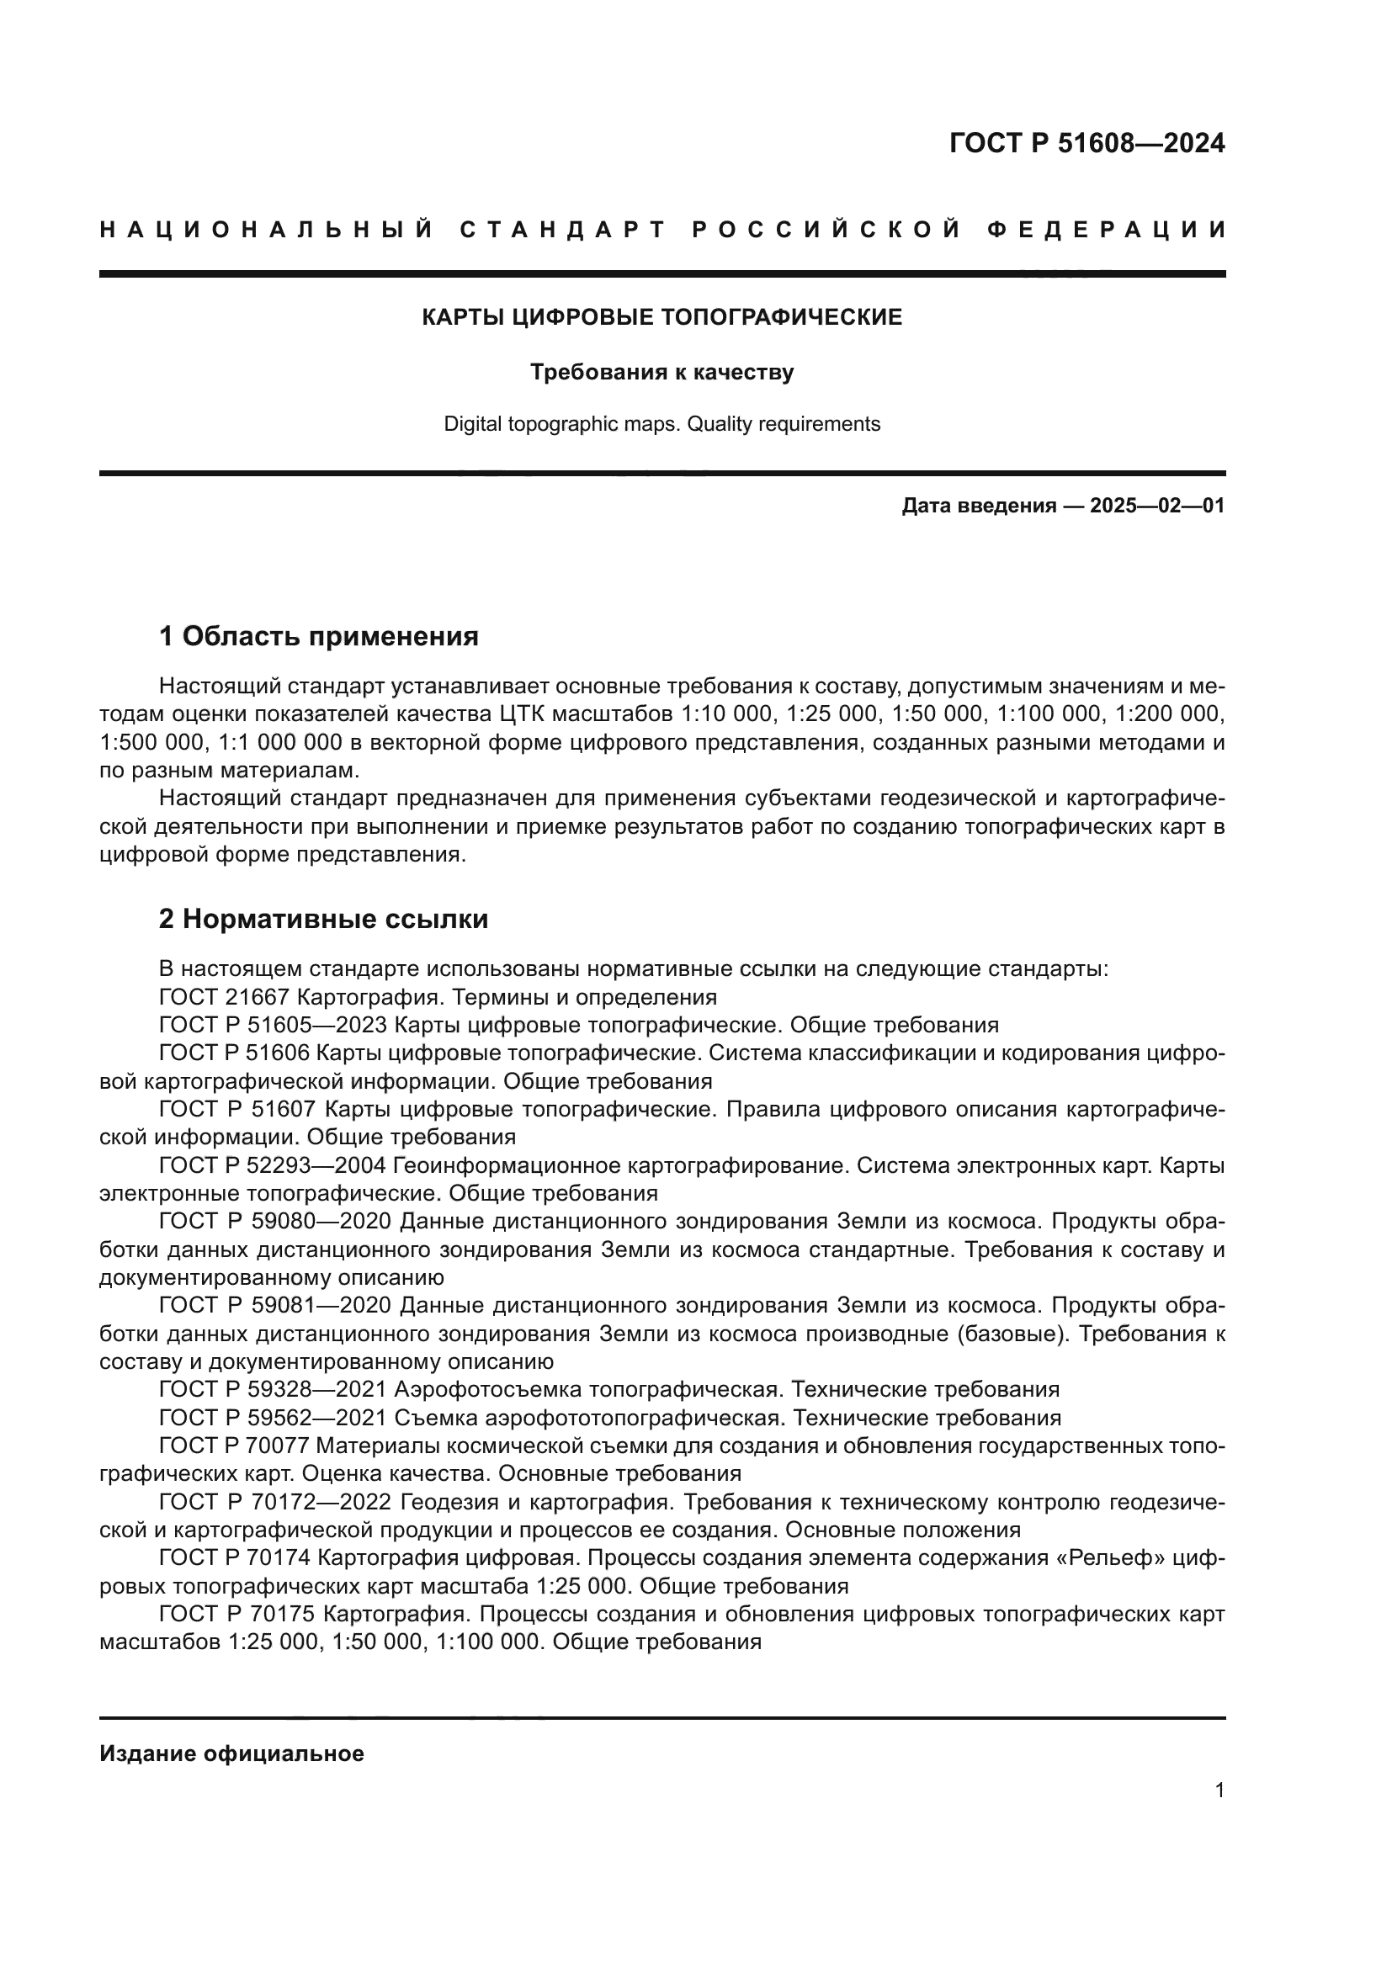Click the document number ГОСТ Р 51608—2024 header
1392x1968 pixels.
1087,143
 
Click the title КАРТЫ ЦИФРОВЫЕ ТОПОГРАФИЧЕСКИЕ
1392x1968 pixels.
661,317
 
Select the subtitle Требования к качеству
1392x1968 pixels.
661,372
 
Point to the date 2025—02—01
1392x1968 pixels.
1157,506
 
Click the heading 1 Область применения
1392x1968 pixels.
318,636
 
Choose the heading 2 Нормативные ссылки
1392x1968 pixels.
323,919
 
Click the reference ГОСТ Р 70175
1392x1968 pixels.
238,1614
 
